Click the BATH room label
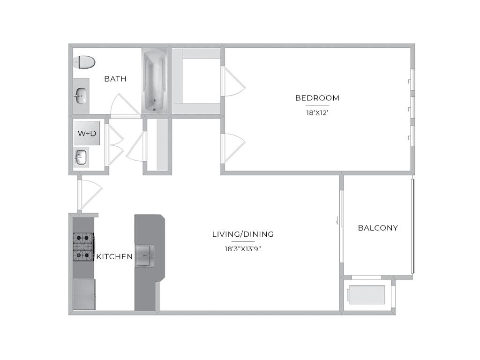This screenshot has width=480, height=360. (115, 79)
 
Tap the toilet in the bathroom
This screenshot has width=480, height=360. (84, 62)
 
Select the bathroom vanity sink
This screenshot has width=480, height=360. (81, 96)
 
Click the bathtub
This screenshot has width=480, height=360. (155, 82)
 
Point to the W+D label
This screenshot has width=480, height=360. (87, 134)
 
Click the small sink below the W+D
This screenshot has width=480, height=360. (81, 157)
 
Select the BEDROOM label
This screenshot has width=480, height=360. (317, 98)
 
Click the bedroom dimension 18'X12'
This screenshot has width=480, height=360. (317, 112)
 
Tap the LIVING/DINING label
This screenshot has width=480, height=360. (243, 234)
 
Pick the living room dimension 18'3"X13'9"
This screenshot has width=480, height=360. (243, 249)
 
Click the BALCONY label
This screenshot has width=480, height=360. (378, 228)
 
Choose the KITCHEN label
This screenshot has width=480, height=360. (114, 256)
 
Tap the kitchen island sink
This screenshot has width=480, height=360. (145, 255)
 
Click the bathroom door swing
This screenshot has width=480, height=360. (125, 105)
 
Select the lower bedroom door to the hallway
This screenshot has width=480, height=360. (232, 148)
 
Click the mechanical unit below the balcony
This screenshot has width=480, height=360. (367, 295)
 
